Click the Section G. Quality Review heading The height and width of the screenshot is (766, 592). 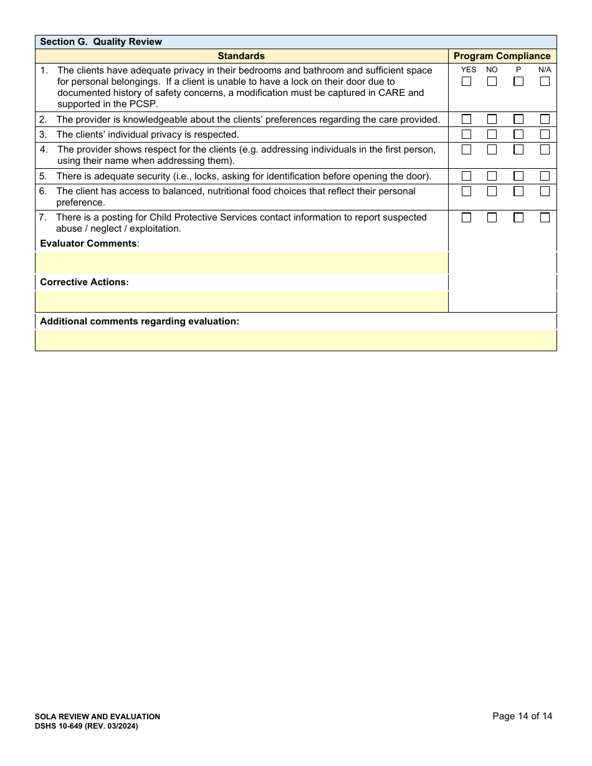click(101, 42)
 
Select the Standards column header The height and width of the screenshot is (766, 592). click(241, 56)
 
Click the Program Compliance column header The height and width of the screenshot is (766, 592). click(502, 56)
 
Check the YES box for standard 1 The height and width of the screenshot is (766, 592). click(466, 82)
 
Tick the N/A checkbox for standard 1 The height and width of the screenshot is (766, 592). click(545, 82)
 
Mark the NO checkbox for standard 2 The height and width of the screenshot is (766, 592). click(492, 119)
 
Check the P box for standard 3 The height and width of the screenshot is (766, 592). click(518, 135)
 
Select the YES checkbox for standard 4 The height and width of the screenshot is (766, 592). click(466, 149)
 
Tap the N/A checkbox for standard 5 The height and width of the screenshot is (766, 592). click(545, 176)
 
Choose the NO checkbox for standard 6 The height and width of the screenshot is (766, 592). click(492, 191)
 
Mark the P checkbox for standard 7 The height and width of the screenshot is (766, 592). click(518, 217)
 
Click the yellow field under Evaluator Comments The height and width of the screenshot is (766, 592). click(242, 263)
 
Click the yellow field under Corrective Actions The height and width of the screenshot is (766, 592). click(242, 301)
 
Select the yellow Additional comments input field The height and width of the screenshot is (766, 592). click(295, 340)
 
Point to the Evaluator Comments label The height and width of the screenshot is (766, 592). click(88, 244)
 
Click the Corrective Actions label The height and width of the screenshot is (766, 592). click(84, 282)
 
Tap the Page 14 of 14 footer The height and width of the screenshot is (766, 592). click(522, 716)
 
